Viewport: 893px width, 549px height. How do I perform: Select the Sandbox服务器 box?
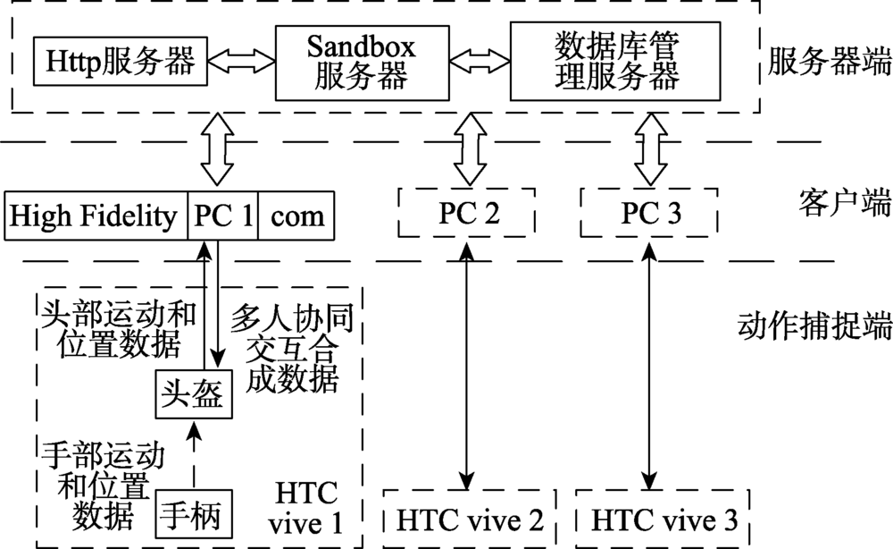[362, 62]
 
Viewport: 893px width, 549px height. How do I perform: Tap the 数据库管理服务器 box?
[615, 62]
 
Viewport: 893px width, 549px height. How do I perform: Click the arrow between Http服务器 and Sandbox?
[241, 62]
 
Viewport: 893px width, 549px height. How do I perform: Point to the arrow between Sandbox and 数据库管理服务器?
[479, 62]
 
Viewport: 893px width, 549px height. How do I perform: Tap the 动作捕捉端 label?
[815, 325]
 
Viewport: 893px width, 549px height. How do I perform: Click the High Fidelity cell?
[96, 215]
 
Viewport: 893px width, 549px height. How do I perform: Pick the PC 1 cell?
[222, 215]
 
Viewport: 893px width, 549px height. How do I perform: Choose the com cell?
[297, 215]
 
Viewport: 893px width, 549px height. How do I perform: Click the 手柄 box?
[194, 515]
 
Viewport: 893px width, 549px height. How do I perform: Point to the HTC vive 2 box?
[468, 519]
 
